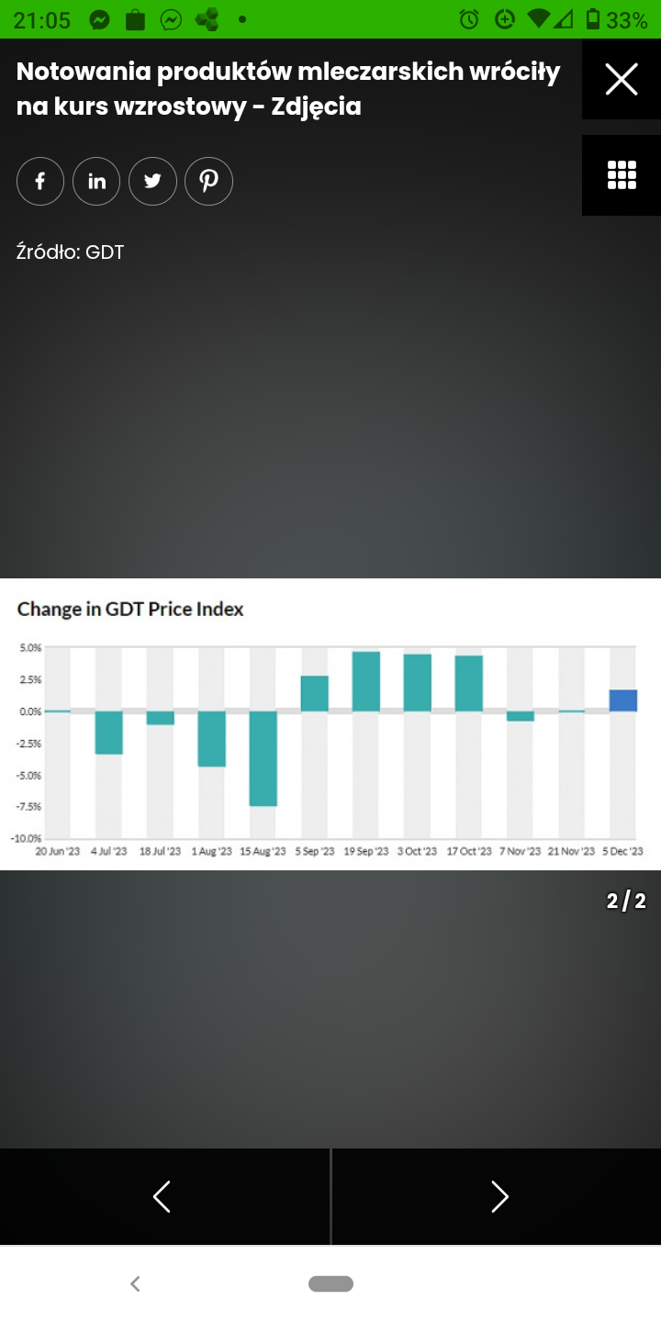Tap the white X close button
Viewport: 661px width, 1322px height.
tap(622, 80)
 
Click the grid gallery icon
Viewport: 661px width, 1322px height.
tap(622, 174)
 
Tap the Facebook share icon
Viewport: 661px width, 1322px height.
tap(40, 181)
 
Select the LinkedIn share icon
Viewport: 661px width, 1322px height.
tap(96, 181)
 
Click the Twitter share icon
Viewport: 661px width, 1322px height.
tap(152, 181)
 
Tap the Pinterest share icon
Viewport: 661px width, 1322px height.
tap(209, 181)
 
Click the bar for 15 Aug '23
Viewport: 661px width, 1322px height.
tap(263, 758)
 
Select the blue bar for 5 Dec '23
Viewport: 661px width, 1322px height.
tap(623, 700)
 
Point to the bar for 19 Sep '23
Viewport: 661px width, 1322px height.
tap(366, 681)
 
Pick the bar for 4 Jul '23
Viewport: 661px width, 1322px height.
tap(109, 733)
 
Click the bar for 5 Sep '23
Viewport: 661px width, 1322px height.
tap(315, 693)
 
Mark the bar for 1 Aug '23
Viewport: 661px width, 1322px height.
tap(212, 738)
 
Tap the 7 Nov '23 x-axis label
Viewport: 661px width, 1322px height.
tap(521, 852)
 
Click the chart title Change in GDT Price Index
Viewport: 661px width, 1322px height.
tap(130, 609)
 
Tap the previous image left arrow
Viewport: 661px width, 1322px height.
tap(162, 1196)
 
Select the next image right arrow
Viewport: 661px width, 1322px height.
tap(499, 1196)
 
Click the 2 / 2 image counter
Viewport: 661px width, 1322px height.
tap(626, 902)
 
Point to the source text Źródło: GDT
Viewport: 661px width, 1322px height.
tap(71, 252)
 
